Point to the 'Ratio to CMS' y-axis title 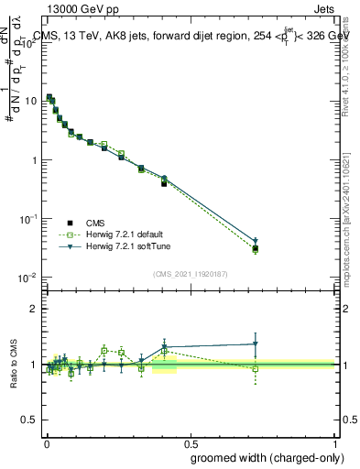point(14,365)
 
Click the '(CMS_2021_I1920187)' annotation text point(190,272)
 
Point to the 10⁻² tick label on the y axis point(27,277)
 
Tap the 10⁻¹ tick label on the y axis point(27,218)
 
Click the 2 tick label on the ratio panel point(36,308)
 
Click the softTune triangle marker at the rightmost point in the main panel point(256,242)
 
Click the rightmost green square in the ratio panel point(256,369)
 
